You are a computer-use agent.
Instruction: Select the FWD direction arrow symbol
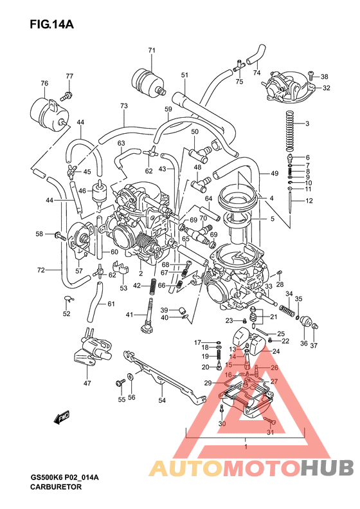pos(62,418)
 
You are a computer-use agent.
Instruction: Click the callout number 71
pos(152,50)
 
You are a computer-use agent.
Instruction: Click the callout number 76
pos(44,83)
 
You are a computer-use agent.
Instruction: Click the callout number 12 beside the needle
pos(309,201)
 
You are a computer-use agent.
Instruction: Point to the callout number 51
pos(184,75)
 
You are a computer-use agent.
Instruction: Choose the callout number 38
pos(324,76)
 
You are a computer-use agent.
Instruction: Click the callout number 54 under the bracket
pos(162,400)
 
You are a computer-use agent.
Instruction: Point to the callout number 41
pos(129,314)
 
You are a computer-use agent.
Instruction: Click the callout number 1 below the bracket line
pos(246,445)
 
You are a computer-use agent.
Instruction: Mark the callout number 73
pos(124,106)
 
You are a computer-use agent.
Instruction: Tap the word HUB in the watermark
pos(327,467)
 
